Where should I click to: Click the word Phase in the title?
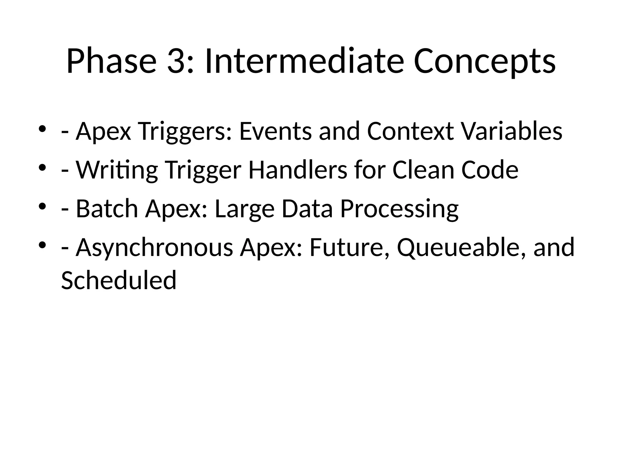click(111, 61)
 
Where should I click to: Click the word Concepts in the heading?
click(485, 61)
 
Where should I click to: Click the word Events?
click(276, 132)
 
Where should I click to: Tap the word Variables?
click(512, 132)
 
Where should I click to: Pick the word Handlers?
click(298, 170)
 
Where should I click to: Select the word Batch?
click(107, 209)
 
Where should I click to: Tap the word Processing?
click(399, 209)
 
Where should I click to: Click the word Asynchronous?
click(155, 248)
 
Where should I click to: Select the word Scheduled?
click(119, 280)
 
